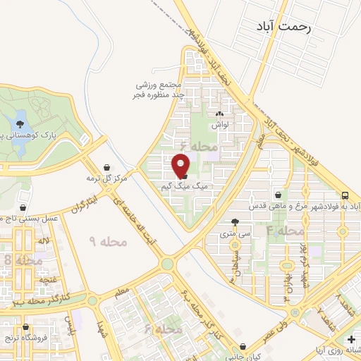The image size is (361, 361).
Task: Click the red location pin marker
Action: coord(181,166)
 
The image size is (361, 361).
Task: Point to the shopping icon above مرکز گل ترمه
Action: coord(106,167)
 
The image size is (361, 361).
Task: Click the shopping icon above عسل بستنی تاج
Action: coord(25,208)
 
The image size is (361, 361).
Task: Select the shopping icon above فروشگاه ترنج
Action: coord(26,327)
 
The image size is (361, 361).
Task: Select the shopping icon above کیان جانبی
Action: coord(243,347)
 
